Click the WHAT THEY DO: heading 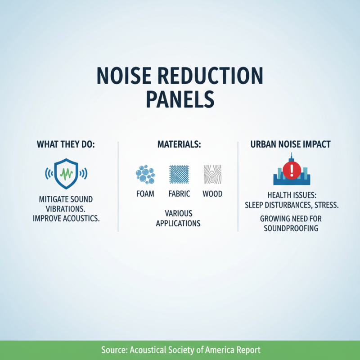pyautogui.click(x=66, y=145)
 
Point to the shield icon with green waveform pyautogui.click(x=66, y=173)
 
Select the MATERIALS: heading pyautogui.click(x=178, y=145)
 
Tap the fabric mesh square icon pyautogui.click(x=179, y=174)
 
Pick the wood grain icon pyautogui.click(x=212, y=174)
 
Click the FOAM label pyautogui.click(x=145, y=194)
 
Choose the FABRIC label pyautogui.click(x=179, y=194)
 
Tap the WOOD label pyautogui.click(x=212, y=194)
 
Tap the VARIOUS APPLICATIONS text pyautogui.click(x=178, y=218)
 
